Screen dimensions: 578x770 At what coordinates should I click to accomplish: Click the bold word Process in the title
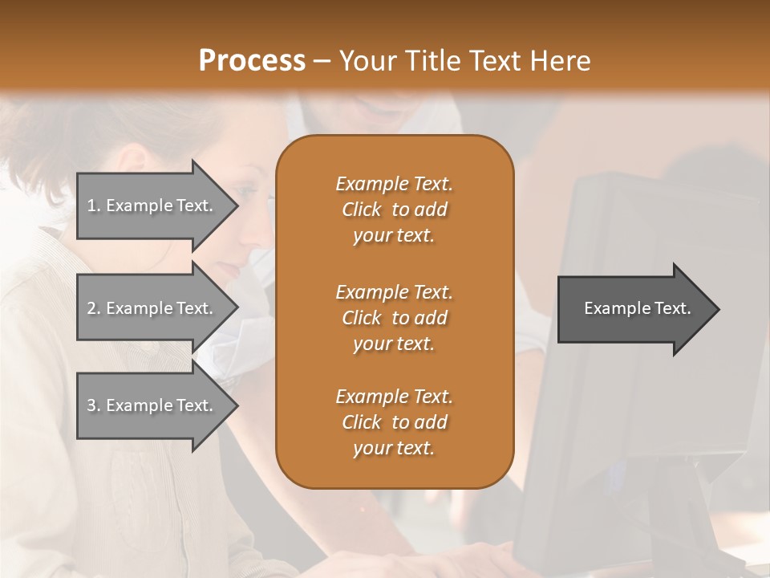(x=252, y=61)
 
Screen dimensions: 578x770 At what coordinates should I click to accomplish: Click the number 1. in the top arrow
(x=94, y=206)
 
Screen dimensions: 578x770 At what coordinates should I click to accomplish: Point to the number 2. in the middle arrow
(x=94, y=308)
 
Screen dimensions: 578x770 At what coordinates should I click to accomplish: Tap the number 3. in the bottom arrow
(x=94, y=405)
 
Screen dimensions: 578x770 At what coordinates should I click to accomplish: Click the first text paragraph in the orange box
(x=394, y=210)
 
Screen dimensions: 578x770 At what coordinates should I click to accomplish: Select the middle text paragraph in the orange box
(x=394, y=317)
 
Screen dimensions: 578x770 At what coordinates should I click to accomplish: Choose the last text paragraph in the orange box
(x=394, y=422)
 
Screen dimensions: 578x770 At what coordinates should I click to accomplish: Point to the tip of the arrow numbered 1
(x=237, y=206)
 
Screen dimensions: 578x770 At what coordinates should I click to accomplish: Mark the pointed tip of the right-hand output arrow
(x=718, y=309)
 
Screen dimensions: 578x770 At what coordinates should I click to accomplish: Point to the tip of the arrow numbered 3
(x=237, y=405)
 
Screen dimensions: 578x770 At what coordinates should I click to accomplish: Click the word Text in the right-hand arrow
(x=673, y=308)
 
